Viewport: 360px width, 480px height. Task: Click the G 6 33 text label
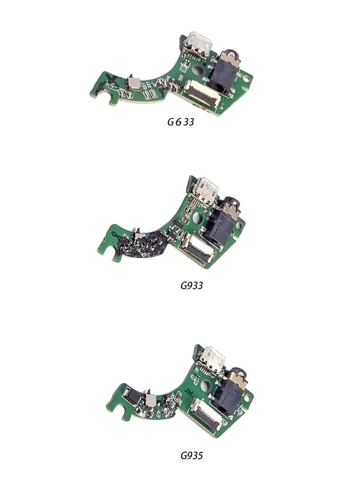tap(181, 121)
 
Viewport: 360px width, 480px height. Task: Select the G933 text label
tap(191, 286)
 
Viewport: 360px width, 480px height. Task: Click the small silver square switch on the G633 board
tap(133, 83)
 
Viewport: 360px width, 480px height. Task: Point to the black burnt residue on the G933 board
tap(145, 245)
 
